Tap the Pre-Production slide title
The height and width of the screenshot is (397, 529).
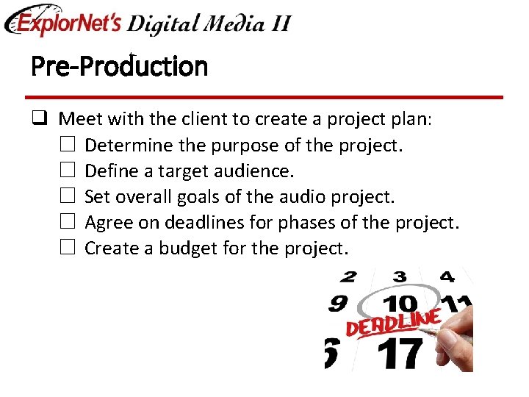pyautogui.click(x=119, y=67)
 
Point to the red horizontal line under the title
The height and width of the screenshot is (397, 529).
pyautogui.click(x=264, y=97)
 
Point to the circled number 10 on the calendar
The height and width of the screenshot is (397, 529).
pyautogui.click(x=400, y=304)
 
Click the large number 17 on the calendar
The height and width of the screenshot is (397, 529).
pyautogui.click(x=401, y=353)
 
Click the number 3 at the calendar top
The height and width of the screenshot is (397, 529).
pyautogui.click(x=399, y=277)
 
